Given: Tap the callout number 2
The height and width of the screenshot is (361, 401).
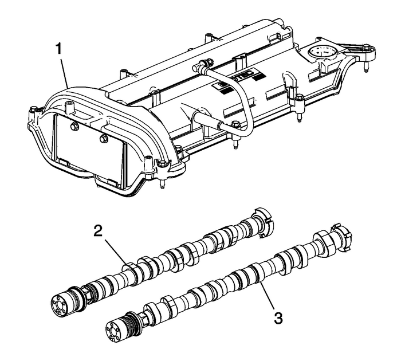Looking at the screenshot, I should pyautogui.click(x=99, y=231).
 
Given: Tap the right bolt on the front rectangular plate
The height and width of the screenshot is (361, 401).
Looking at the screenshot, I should pyautogui.click(x=103, y=139).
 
